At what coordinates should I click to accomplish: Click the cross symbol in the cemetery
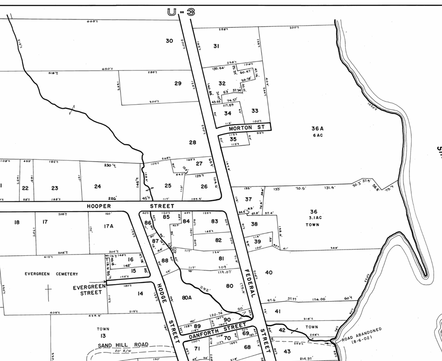coord(48,293)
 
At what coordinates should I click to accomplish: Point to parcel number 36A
coord(317,129)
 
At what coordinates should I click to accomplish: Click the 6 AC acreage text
coord(317,135)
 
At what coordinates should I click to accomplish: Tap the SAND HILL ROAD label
coord(123,345)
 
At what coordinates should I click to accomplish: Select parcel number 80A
coord(187,297)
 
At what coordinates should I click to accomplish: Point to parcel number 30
coord(169,41)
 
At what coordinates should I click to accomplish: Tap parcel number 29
coord(178,83)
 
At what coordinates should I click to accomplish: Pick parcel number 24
coord(98,186)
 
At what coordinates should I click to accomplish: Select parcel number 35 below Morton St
coord(233,139)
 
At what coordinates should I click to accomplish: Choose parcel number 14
coord(140,294)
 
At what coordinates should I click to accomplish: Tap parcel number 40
coord(269,273)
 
